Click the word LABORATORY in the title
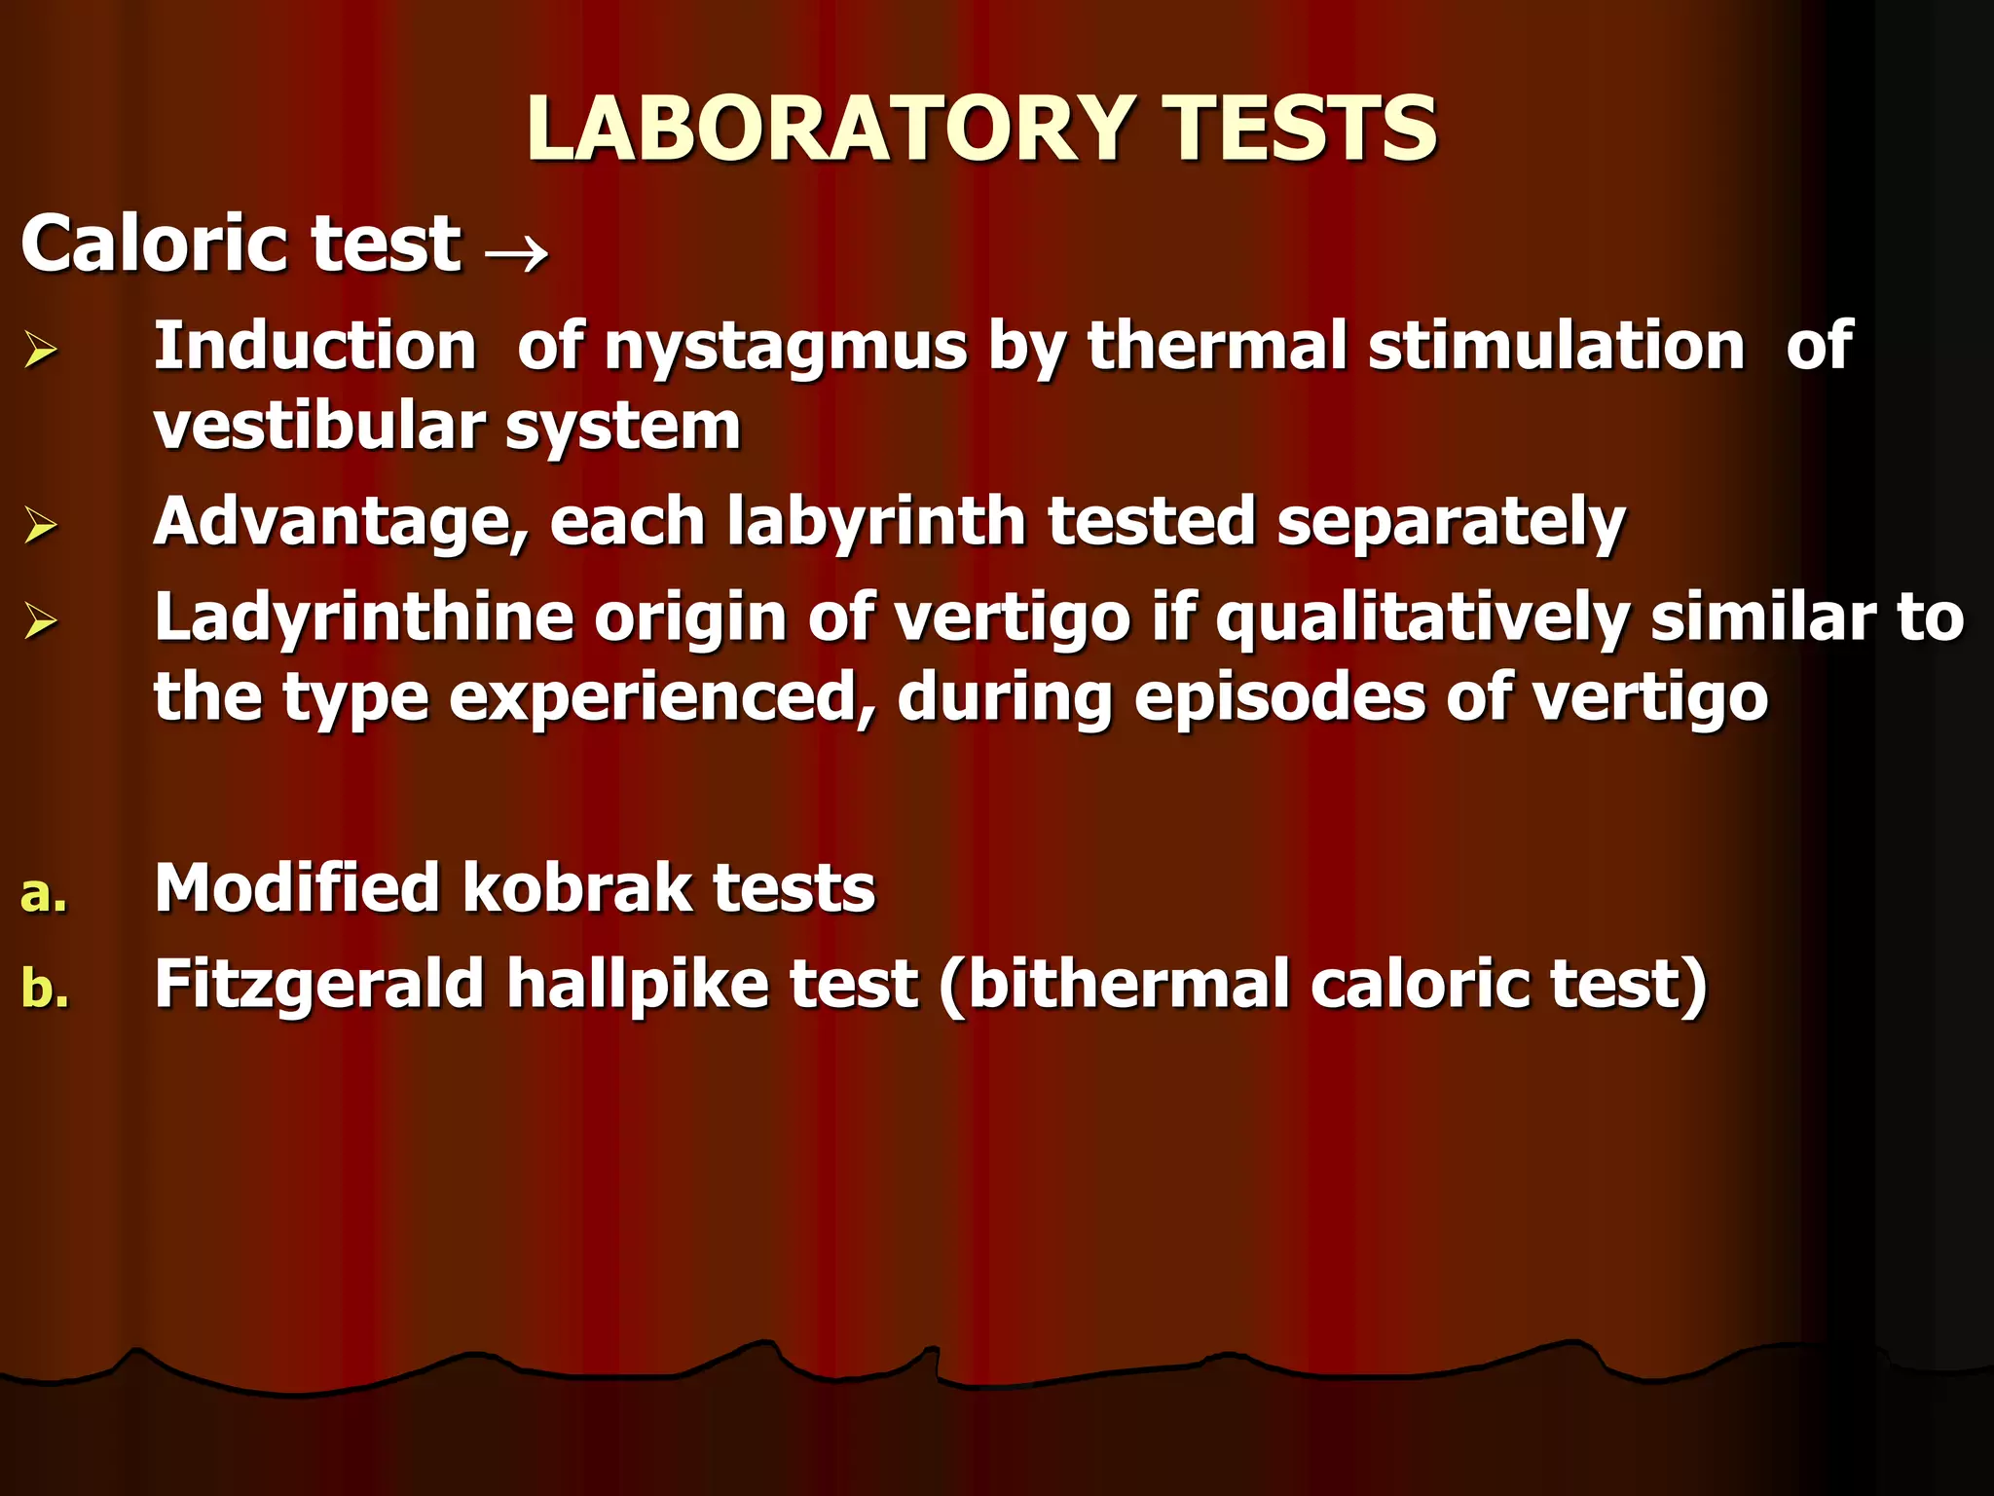coord(829,129)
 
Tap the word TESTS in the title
coord(1301,129)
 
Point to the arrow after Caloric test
coord(516,254)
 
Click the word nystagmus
coord(785,349)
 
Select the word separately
coord(1451,523)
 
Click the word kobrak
coord(575,888)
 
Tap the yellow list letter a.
coord(43,893)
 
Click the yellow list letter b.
coord(44,988)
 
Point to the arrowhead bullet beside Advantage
coord(41,526)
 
